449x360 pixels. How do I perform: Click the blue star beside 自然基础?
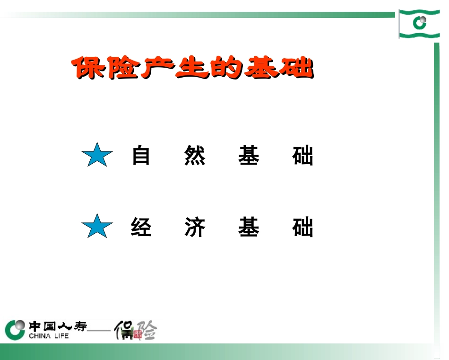click(x=97, y=155)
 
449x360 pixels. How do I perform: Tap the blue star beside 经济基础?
click(x=97, y=227)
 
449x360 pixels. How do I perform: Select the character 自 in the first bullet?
click(x=141, y=156)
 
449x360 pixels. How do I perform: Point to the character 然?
click(x=195, y=156)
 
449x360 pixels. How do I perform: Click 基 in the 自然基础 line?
click(x=249, y=156)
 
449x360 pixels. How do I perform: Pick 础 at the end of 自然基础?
click(x=302, y=156)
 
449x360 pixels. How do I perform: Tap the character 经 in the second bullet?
click(x=141, y=228)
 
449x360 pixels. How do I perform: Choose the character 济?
click(x=195, y=228)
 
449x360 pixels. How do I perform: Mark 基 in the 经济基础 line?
click(x=249, y=228)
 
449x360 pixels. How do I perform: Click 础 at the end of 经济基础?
click(x=302, y=228)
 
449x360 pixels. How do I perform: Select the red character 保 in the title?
click(x=87, y=69)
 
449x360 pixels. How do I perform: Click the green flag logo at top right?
click(x=419, y=23)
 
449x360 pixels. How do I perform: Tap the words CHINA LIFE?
click(x=49, y=336)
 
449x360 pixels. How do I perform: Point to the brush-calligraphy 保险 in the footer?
click(x=137, y=330)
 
